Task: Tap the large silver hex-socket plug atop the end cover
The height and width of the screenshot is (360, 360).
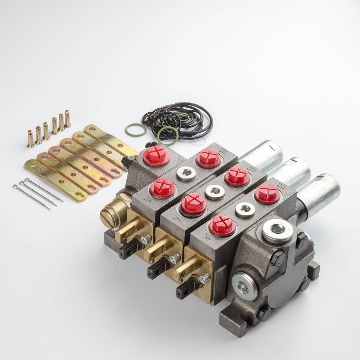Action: pos(277,231)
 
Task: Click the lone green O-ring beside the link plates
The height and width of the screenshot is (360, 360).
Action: pos(136,130)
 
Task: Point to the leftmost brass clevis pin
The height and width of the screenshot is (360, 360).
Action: pos(31,139)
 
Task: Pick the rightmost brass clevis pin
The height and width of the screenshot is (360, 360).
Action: pos(68,119)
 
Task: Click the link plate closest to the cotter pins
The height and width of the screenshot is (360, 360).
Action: pos(56,180)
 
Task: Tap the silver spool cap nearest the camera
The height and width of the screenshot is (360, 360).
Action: pos(319,195)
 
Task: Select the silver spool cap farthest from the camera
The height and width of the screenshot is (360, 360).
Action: pos(262,154)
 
